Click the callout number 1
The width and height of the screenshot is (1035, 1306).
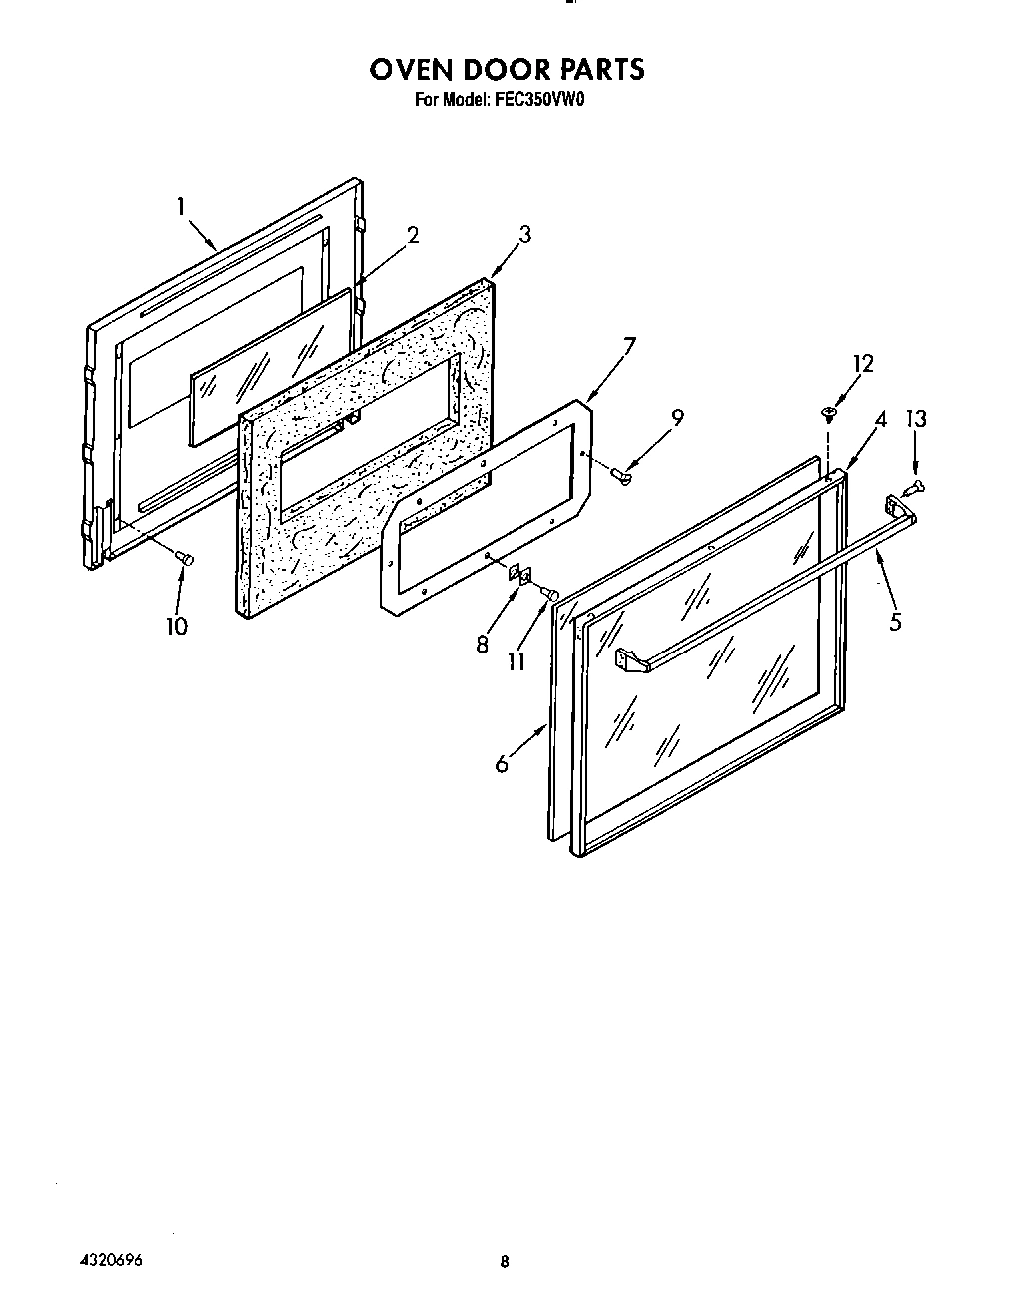coord(181,207)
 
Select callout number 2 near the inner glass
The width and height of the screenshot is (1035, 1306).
coord(412,236)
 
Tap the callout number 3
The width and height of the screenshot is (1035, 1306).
coord(524,235)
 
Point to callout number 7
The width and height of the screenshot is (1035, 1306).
coord(629,347)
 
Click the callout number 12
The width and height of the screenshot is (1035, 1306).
coord(862,364)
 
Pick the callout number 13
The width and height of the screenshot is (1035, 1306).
coord(915,418)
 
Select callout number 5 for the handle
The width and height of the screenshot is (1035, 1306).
coord(895,622)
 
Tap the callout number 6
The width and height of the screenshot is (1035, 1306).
coord(502,764)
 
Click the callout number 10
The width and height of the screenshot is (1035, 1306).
coord(177,628)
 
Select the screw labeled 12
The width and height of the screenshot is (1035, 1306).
coord(828,411)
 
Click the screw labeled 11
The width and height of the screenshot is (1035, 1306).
coord(548,594)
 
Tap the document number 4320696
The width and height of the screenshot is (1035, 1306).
coord(108,1260)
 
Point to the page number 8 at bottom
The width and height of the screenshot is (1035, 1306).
coord(505,1262)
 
